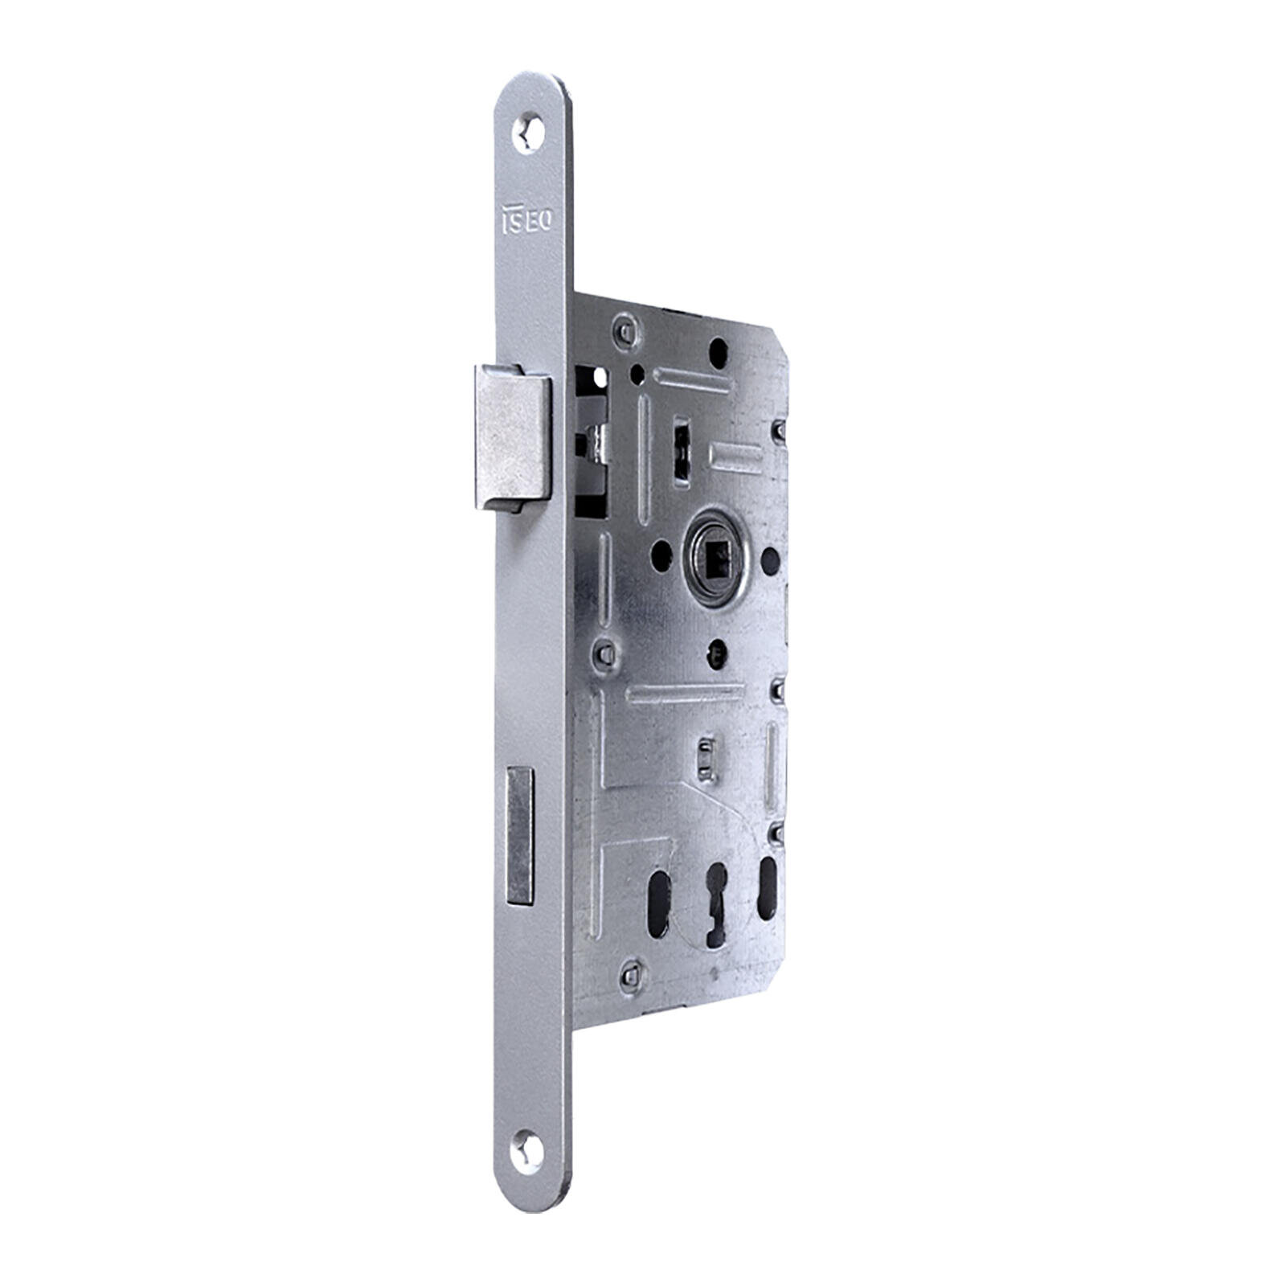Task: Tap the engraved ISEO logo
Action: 526,219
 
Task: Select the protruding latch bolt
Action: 511,438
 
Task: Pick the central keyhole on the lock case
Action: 713,906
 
